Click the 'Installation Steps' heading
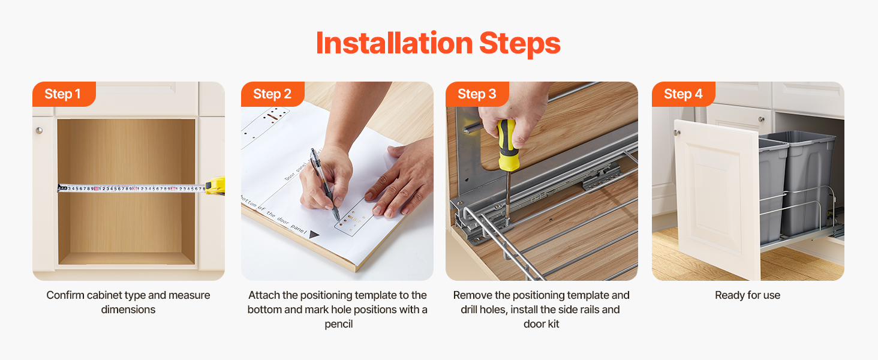point(438,43)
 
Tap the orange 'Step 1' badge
point(64,94)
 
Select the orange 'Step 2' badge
point(272,94)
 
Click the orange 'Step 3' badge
point(477,94)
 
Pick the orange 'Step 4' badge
point(683,94)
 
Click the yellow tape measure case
point(215,186)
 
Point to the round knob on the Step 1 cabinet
point(39,130)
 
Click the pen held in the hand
point(324,184)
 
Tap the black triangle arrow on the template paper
point(314,235)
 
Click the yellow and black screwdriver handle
point(507,145)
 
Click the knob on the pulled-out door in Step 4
point(677,133)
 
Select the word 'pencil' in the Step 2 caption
point(339,325)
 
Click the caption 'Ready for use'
point(747,295)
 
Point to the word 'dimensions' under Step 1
point(128,310)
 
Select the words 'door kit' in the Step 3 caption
point(542,324)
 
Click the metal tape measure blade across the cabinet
point(132,188)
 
